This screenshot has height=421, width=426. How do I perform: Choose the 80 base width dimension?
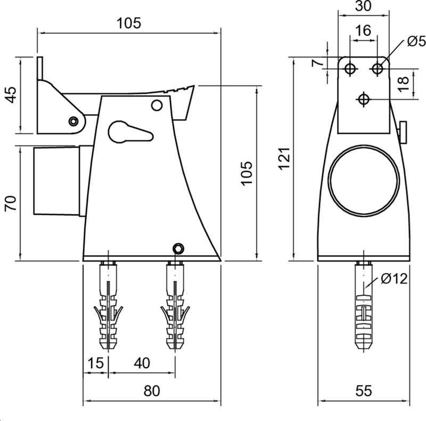(x=152, y=391)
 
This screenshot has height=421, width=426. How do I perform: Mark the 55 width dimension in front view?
(x=364, y=391)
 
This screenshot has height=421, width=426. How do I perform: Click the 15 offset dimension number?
(x=95, y=363)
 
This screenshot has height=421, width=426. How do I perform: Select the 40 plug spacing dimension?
(x=141, y=363)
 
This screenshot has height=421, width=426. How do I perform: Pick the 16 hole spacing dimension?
(x=363, y=31)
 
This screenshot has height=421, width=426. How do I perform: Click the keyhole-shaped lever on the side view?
(x=128, y=132)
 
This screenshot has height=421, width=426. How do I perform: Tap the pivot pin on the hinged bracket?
(x=73, y=121)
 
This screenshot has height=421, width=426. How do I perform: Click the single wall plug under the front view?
(x=364, y=309)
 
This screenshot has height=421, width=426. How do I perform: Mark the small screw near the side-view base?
(x=178, y=248)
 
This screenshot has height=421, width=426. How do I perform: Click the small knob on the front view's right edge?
(x=403, y=132)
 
